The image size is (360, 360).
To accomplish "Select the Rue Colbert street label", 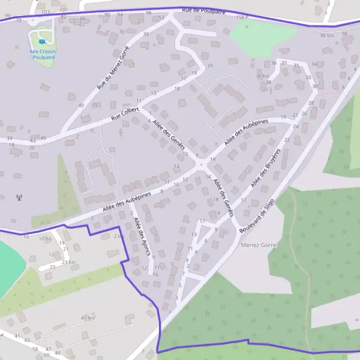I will (x=125, y=114).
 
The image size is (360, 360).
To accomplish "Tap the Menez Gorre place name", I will (x=256, y=245).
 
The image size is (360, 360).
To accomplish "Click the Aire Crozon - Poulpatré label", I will (x=41, y=55).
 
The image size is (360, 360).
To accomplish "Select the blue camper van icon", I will (x=41, y=42).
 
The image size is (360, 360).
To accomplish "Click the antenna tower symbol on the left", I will (x=19, y=197).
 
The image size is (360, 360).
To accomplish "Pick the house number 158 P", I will (x=242, y=18).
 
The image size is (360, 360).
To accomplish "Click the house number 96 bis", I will (x=326, y=35).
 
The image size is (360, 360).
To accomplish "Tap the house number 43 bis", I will (x=88, y=317).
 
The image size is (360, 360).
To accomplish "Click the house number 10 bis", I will (x=45, y=238).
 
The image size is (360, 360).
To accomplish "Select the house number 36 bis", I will (x=263, y=76).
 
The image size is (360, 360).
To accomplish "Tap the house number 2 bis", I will (x=118, y=236).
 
